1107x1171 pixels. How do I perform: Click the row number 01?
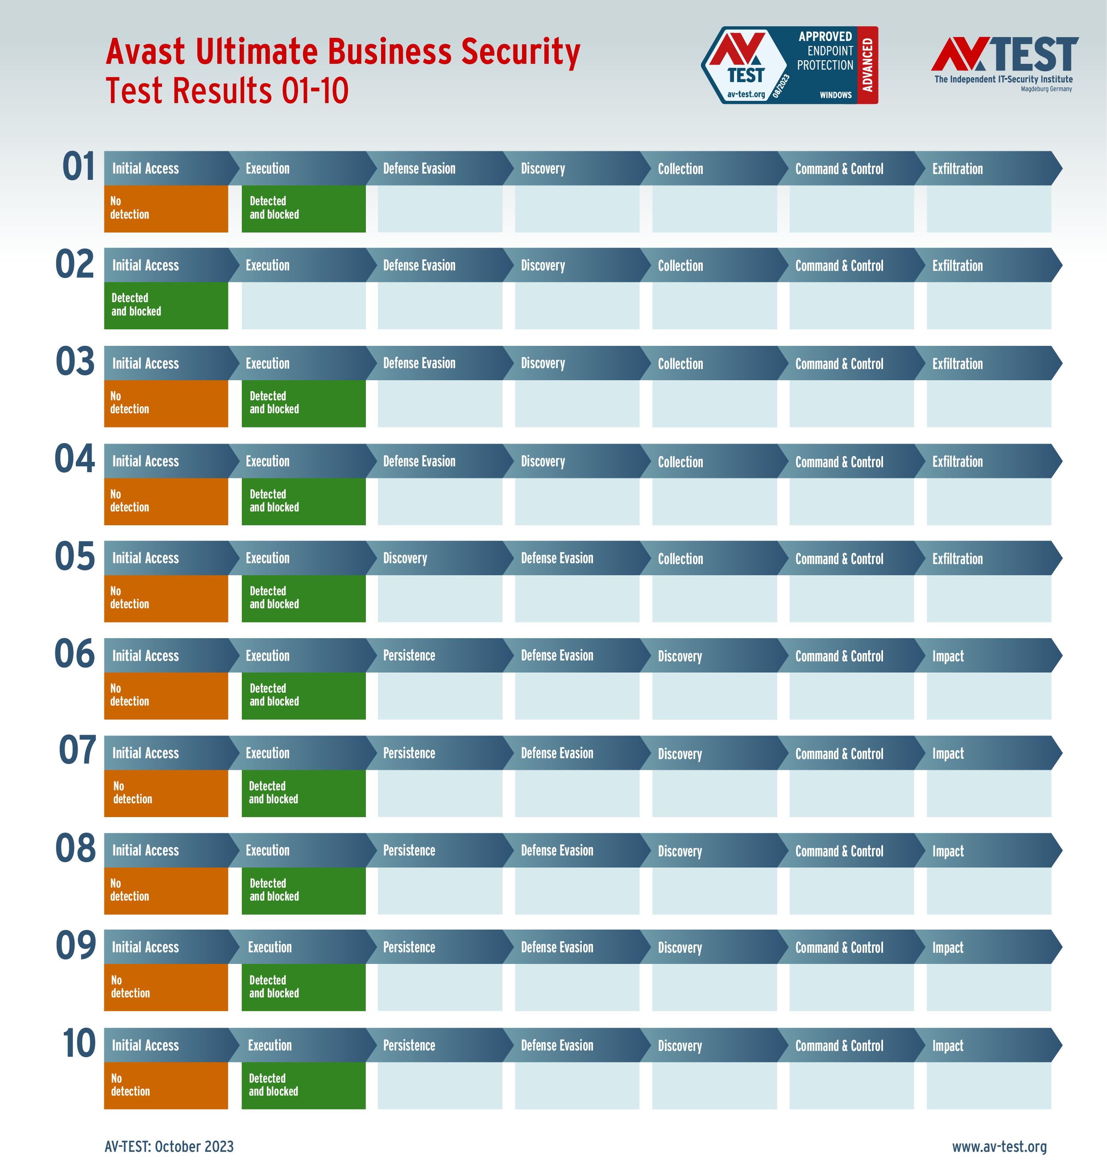pyautogui.click(x=79, y=166)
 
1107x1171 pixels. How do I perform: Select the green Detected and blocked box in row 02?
pyautogui.click(x=166, y=305)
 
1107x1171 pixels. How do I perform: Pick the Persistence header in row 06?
pyautogui.click(x=409, y=656)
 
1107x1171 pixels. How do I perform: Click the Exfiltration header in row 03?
pyautogui.click(x=957, y=364)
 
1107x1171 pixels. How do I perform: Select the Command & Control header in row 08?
pyautogui.click(x=839, y=851)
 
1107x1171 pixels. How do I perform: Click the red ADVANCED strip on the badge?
pyautogui.click(x=867, y=65)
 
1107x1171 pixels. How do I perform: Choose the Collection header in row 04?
pyautogui.click(x=680, y=461)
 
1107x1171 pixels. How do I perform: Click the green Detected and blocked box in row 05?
pyautogui.click(x=303, y=598)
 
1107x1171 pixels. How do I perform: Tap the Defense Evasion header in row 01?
pyautogui.click(x=419, y=169)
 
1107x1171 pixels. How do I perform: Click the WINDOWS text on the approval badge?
pyautogui.click(x=836, y=95)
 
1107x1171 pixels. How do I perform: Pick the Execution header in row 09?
pyautogui.click(x=269, y=947)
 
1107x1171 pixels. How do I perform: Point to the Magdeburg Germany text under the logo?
pyautogui.click(x=1046, y=89)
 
